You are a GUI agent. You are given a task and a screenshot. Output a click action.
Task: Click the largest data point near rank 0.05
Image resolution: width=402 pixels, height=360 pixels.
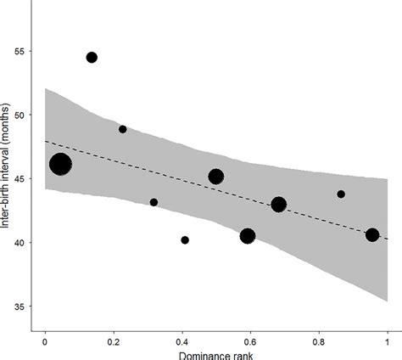point(60,165)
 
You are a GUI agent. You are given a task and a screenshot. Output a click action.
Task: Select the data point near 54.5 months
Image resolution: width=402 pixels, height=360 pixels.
point(92,58)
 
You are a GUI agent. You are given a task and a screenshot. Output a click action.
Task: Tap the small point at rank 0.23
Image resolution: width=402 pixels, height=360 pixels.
point(123,129)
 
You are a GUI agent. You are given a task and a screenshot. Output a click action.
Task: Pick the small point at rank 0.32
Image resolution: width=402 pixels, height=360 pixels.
point(154,202)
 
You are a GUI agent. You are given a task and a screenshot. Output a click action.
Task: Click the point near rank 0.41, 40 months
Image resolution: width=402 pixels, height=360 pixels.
point(185,240)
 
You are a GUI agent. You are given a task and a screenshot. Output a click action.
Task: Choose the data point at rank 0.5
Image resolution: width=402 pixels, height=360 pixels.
point(215,177)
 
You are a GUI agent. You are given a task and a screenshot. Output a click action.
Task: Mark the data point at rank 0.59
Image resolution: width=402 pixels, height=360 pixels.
point(248,236)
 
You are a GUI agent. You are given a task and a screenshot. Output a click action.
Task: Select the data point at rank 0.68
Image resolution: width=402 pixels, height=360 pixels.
point(278,204)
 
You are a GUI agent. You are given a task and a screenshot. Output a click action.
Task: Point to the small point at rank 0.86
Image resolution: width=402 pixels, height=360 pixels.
point(341,194)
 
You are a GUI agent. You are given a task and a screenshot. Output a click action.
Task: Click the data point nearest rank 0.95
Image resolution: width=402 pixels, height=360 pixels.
point(372,235)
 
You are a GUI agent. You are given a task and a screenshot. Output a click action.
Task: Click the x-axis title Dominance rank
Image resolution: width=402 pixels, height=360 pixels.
point(215,355)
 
